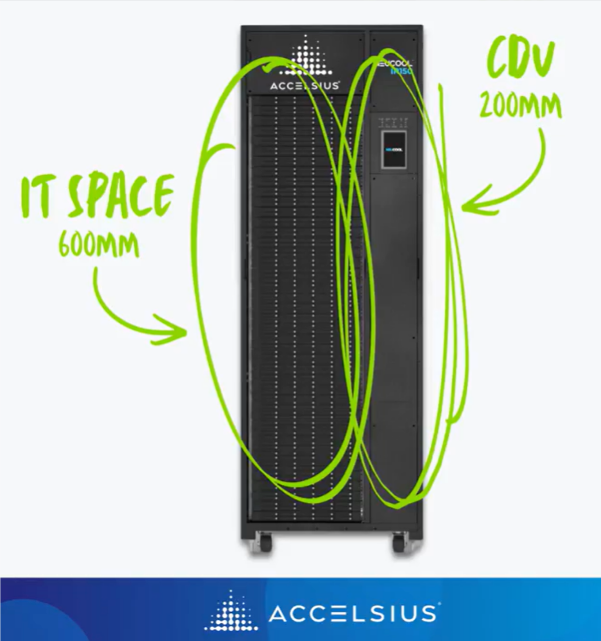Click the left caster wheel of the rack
pos(265,542)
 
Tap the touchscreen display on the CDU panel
pos(393,150)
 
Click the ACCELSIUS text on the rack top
pos(305,86)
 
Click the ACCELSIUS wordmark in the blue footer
pos(352,614)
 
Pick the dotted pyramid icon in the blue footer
pos(231,611)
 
